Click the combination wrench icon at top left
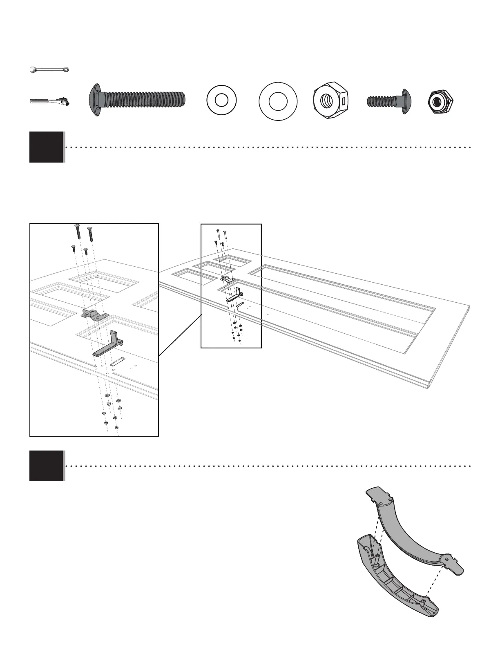pos(49,70)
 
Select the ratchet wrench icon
pos(49,100)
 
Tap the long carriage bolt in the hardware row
pos(137,100)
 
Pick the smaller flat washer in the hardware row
pos(221,100)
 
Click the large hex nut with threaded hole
pos(330,100)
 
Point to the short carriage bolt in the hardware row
pos(389,100)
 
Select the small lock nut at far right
pos(440,100)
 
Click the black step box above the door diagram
pos(46,147)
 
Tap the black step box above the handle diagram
pos(46,466)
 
